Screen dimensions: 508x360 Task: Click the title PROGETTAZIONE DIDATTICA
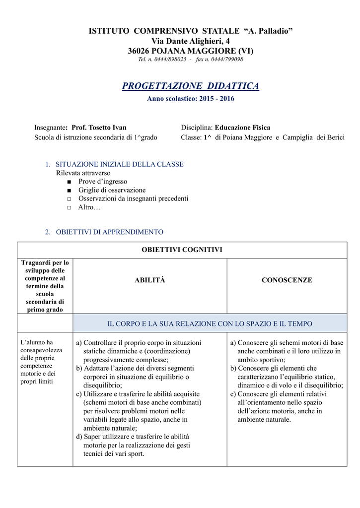pos(190,86)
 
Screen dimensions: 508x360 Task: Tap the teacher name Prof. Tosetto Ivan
pos(99,127)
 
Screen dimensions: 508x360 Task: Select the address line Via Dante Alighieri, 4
pos(190,41)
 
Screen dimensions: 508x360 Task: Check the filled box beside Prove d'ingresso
pos(69,182)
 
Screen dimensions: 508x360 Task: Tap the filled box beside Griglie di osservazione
pos(69,190)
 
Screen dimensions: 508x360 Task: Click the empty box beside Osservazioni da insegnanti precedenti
pos(69,199)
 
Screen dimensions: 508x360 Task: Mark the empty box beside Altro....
pos(69,207)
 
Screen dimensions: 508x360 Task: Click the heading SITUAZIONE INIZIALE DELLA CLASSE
pos(120,164)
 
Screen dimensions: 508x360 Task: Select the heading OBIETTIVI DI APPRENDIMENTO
pos(109,232)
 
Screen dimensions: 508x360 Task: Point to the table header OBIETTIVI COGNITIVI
pos(182,250)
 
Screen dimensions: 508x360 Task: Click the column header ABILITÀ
pos(149,280)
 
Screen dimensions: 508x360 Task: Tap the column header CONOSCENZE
pos(287,280)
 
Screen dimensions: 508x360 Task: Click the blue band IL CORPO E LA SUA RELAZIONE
pos(210,323)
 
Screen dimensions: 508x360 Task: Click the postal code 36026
pos(139,51)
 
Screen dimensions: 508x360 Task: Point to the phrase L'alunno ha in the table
pos(36,342)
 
